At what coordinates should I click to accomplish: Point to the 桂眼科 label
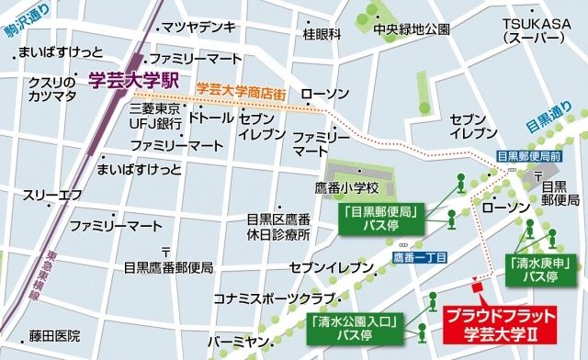(322, 34)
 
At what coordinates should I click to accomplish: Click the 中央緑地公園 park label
(412, 28)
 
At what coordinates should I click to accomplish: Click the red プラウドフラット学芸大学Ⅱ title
(490, 322)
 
